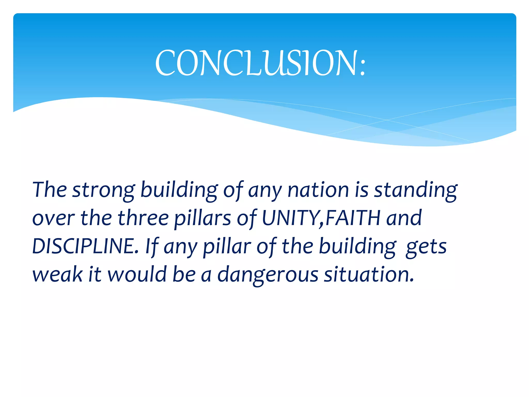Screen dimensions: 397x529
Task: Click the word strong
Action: click(x=104, y=190)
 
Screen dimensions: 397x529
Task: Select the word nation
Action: click(x=318, y=190)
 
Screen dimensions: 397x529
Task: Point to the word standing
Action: click(x=416, y=190)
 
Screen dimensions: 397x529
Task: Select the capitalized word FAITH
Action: click(x=353, y=218)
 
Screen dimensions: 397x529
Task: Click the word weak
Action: click(x=57, y=274)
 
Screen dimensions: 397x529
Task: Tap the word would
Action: click(x=137, y=274)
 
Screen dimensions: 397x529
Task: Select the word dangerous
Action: click(x=268, y=275)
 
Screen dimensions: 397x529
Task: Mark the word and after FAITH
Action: click(x=404, y=218)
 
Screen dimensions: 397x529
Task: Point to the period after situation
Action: click(x=412, y=280)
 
